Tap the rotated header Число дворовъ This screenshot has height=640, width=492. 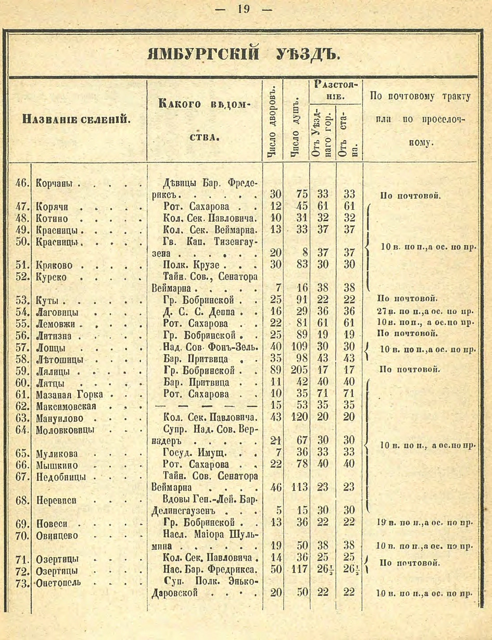coord(271,121)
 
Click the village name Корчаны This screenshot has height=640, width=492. coord(55,183)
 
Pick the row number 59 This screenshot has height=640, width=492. coord(22,371)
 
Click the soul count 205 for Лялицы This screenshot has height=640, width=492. coord(299,371)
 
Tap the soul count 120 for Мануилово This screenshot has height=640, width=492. coord(299,417)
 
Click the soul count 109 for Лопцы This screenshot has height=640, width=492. coord(299,347)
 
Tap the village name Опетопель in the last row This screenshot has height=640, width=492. coord(58,582)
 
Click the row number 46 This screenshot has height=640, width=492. coord(22,183)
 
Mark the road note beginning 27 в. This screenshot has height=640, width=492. coord(424,311)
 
